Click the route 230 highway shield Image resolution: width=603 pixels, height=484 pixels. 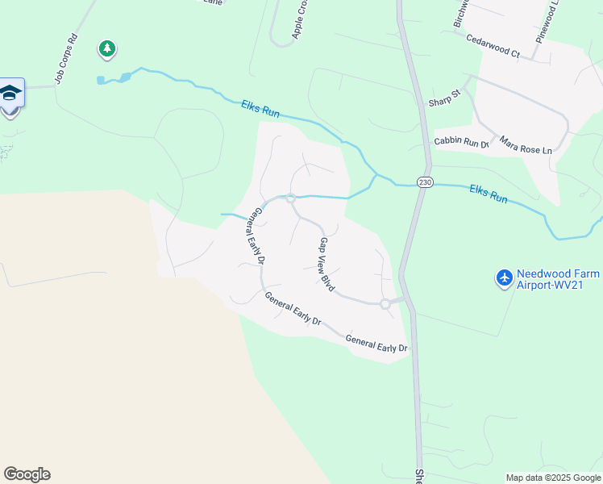coord(424,182)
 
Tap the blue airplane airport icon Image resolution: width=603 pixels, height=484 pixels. coord(505,278)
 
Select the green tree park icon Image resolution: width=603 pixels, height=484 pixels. coord(106,50)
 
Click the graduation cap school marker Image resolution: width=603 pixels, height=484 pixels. coord(10,93)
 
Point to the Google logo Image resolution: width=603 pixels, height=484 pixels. coord(27,474)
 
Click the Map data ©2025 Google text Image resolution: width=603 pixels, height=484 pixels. coord(553,478)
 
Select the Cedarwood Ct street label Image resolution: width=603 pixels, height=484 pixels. coord(493,44)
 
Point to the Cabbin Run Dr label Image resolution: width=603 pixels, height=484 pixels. coord(462,142)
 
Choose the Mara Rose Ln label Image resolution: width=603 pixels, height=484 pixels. coord(526,145)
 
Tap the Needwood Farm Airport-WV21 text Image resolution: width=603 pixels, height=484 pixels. coord(559,278)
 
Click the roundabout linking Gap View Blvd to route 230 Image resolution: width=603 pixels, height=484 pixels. coord(385,303)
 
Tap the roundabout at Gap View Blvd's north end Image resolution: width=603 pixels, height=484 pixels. coord(289,198)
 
